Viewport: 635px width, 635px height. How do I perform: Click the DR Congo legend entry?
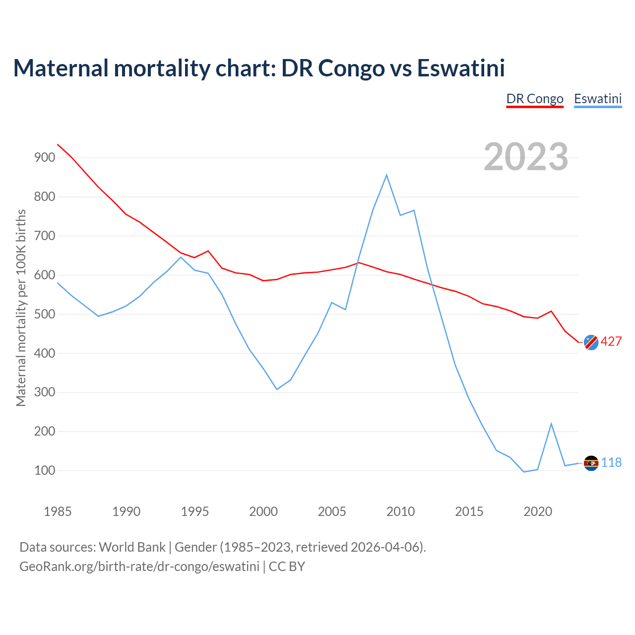point(535,99)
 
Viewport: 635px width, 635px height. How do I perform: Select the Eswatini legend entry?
point(598,99)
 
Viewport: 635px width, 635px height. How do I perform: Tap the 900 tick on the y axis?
point(44,158)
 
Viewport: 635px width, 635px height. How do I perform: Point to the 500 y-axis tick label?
point(44,314)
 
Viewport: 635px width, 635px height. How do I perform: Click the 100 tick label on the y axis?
point(44,470)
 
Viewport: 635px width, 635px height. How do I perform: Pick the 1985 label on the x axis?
point(58,511)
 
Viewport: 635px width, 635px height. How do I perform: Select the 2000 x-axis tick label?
point(263,511)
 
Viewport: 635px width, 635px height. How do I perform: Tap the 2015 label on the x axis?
point(469,511)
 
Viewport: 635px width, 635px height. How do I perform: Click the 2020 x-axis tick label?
point(538,511)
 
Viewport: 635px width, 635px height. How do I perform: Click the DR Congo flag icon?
point(591,342)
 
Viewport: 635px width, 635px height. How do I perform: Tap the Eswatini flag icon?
point(591,463)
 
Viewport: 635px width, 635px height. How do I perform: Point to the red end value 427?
point(611,342)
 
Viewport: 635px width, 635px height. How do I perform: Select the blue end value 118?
point(612,463)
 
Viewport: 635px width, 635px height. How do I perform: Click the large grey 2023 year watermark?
point(526,157)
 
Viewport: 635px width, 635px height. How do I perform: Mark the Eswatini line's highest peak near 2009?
point(386,175)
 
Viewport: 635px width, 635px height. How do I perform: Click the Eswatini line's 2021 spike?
point(551,424)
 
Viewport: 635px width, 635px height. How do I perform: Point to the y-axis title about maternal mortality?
point(21,308)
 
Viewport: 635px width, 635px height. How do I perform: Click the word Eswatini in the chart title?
point(461,68)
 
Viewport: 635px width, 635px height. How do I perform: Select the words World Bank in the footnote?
point(132,547)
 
